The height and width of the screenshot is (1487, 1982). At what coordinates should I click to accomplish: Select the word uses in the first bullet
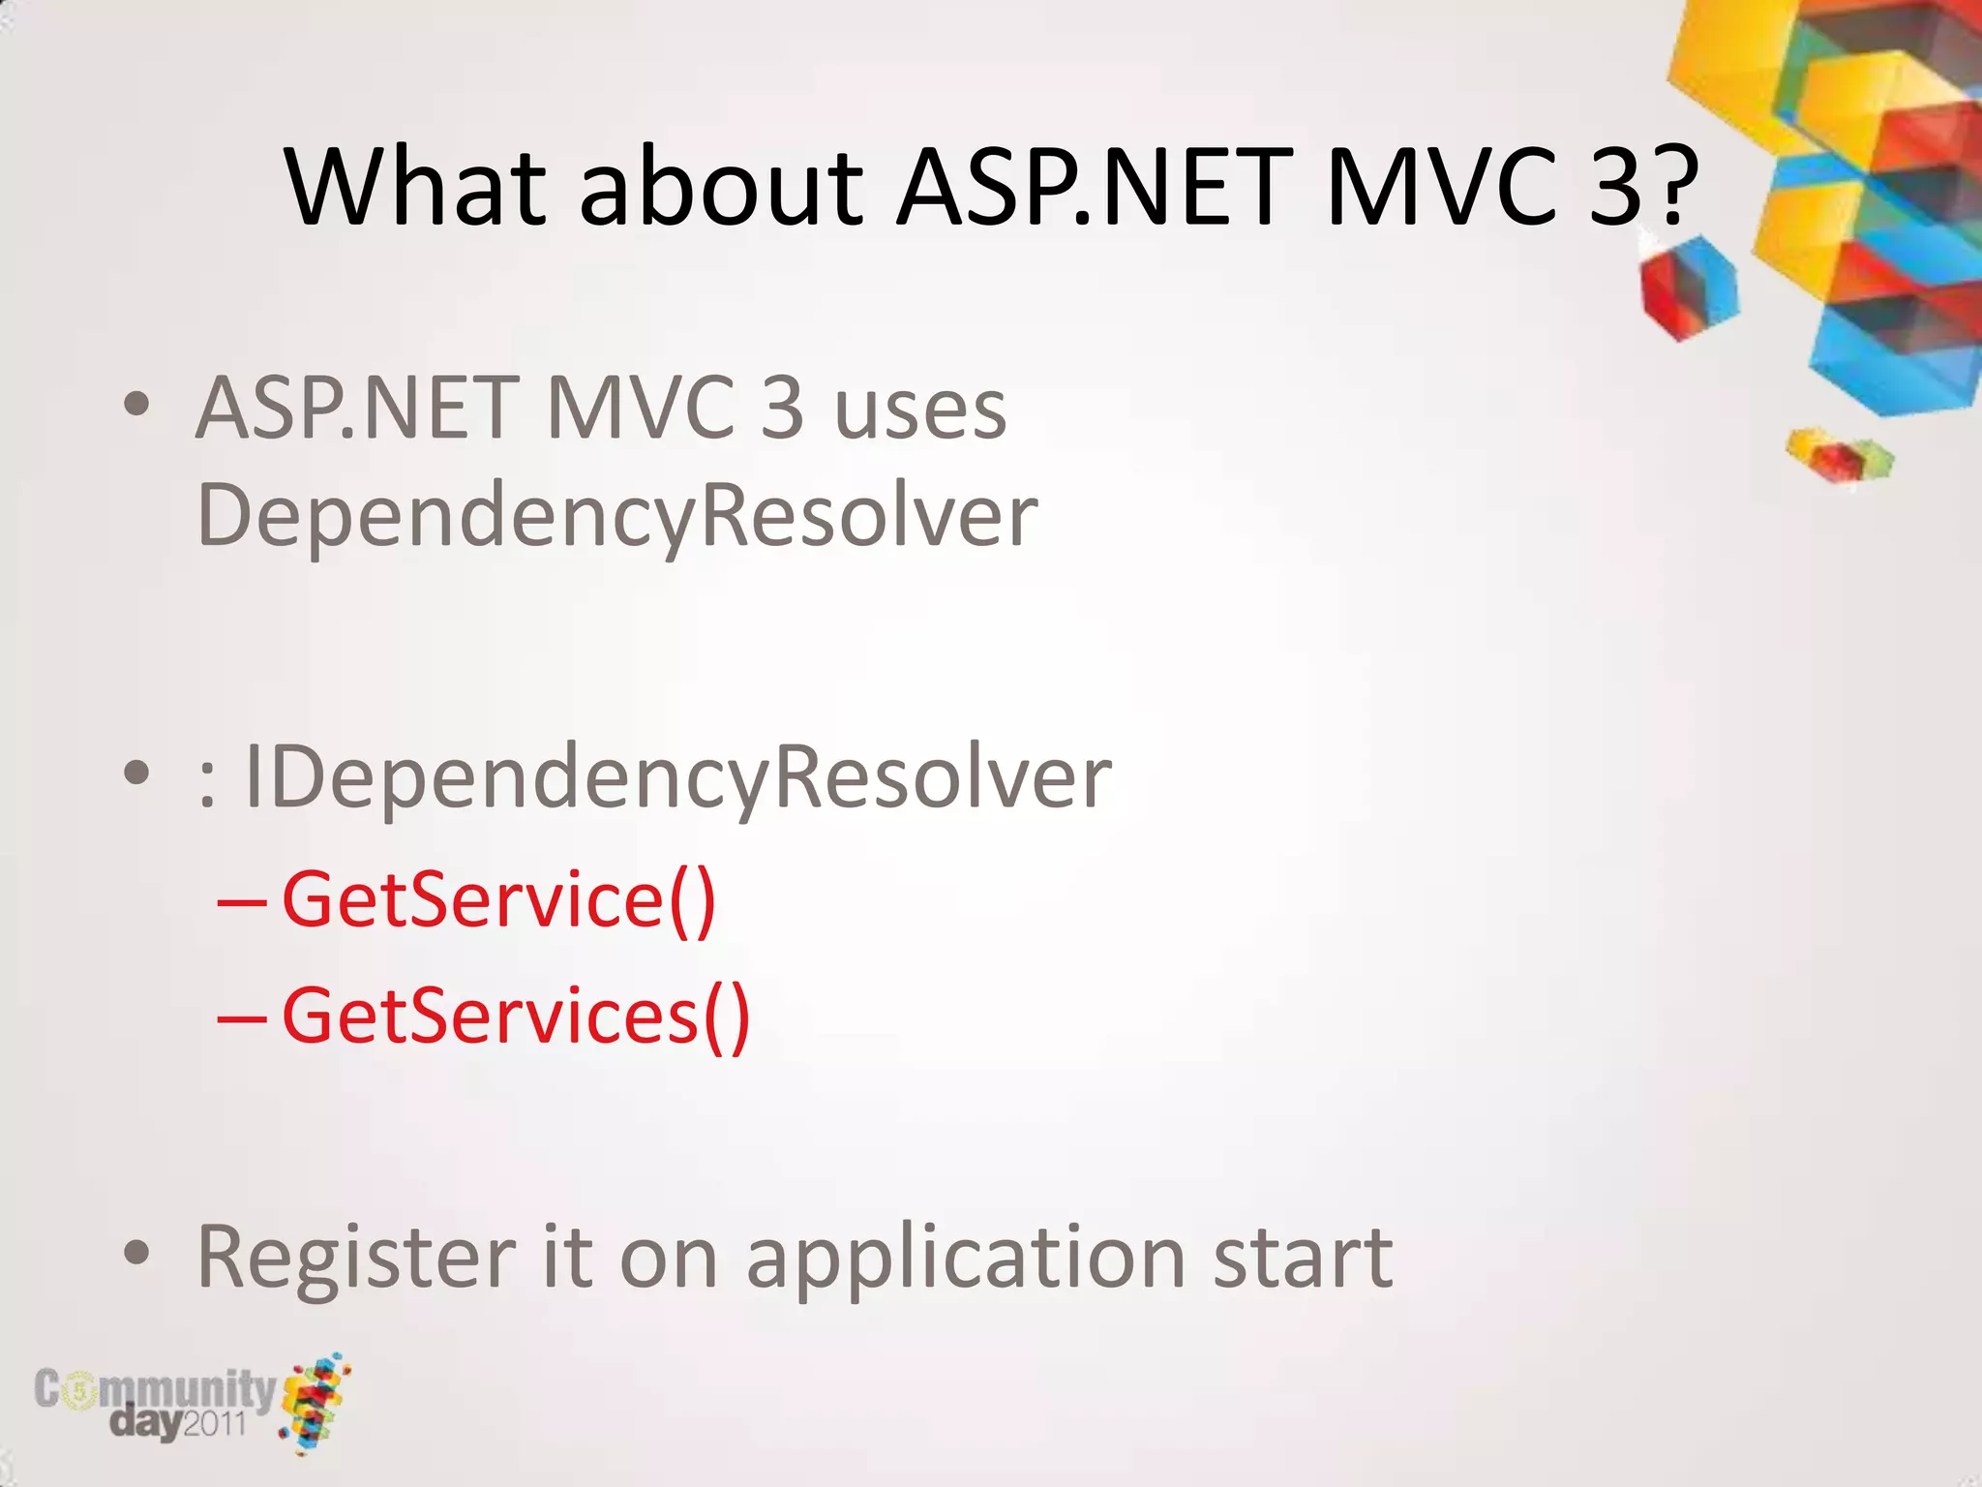pos(919,410)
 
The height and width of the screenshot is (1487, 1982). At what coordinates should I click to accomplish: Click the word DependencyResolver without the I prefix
pos(616,516)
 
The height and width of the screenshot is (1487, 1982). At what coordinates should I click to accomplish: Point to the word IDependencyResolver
pos(677,777)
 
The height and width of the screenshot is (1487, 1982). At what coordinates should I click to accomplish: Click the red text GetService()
pos(498,900)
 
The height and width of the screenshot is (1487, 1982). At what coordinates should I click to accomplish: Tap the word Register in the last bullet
pos(355,1259)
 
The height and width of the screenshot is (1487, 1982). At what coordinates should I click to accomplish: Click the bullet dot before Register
pos(136,1254)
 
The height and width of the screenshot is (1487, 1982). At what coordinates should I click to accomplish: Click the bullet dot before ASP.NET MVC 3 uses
pos(136,405)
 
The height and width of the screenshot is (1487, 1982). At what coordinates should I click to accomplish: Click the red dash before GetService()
pos(241,903)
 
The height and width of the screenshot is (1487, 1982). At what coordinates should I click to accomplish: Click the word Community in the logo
pos(155,1390)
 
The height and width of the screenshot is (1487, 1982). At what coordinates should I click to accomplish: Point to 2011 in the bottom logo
pos(214,1424)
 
